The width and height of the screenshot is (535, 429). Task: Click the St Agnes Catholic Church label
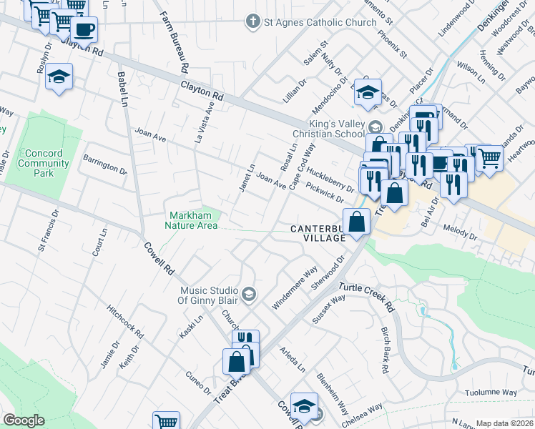(320, 22)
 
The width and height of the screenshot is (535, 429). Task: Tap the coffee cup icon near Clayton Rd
(84, 30)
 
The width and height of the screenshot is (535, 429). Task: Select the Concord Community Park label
(39, 163)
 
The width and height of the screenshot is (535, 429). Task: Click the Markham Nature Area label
(192, 221)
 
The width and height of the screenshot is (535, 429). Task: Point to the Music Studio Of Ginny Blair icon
(248, 294)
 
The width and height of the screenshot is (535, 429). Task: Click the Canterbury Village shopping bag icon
(356, 222)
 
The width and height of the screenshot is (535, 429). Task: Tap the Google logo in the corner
(24, 420)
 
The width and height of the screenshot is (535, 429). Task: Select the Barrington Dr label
(104, 163)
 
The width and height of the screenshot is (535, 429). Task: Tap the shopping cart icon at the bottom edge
(166, 421)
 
